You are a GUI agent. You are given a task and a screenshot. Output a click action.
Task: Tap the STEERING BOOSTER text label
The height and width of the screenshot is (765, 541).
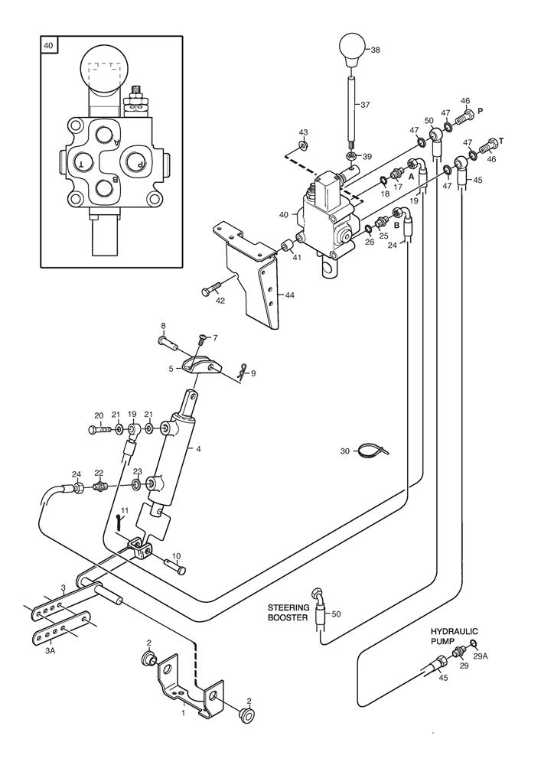coord(287,612)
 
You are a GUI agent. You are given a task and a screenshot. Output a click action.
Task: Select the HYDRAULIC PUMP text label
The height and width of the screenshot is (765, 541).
coord(451,637)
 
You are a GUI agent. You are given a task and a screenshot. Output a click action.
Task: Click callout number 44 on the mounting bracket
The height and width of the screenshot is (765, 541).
coord(290,294)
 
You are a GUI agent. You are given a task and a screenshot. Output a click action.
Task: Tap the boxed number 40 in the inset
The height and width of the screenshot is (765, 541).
coord(49,46)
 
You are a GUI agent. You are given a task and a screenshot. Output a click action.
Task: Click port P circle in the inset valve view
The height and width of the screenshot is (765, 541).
coord(135,162)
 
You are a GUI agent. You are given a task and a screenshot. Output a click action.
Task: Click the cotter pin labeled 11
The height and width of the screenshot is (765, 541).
coord(119,522)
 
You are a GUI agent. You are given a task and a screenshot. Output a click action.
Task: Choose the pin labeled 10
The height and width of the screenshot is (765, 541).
coord(174,565)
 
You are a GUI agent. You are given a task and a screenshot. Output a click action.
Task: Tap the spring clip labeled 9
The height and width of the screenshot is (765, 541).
coord(242,373)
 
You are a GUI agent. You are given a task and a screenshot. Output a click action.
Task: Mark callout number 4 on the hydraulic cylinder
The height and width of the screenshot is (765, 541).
coord(198,449)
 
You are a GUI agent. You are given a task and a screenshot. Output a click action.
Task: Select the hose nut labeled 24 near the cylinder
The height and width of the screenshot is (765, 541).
coord(78,487)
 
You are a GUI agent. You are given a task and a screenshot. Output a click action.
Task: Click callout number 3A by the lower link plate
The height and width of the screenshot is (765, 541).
coord(51,649)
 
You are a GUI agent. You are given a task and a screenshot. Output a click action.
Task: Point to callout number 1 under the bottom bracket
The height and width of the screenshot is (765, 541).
coord(182,713)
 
